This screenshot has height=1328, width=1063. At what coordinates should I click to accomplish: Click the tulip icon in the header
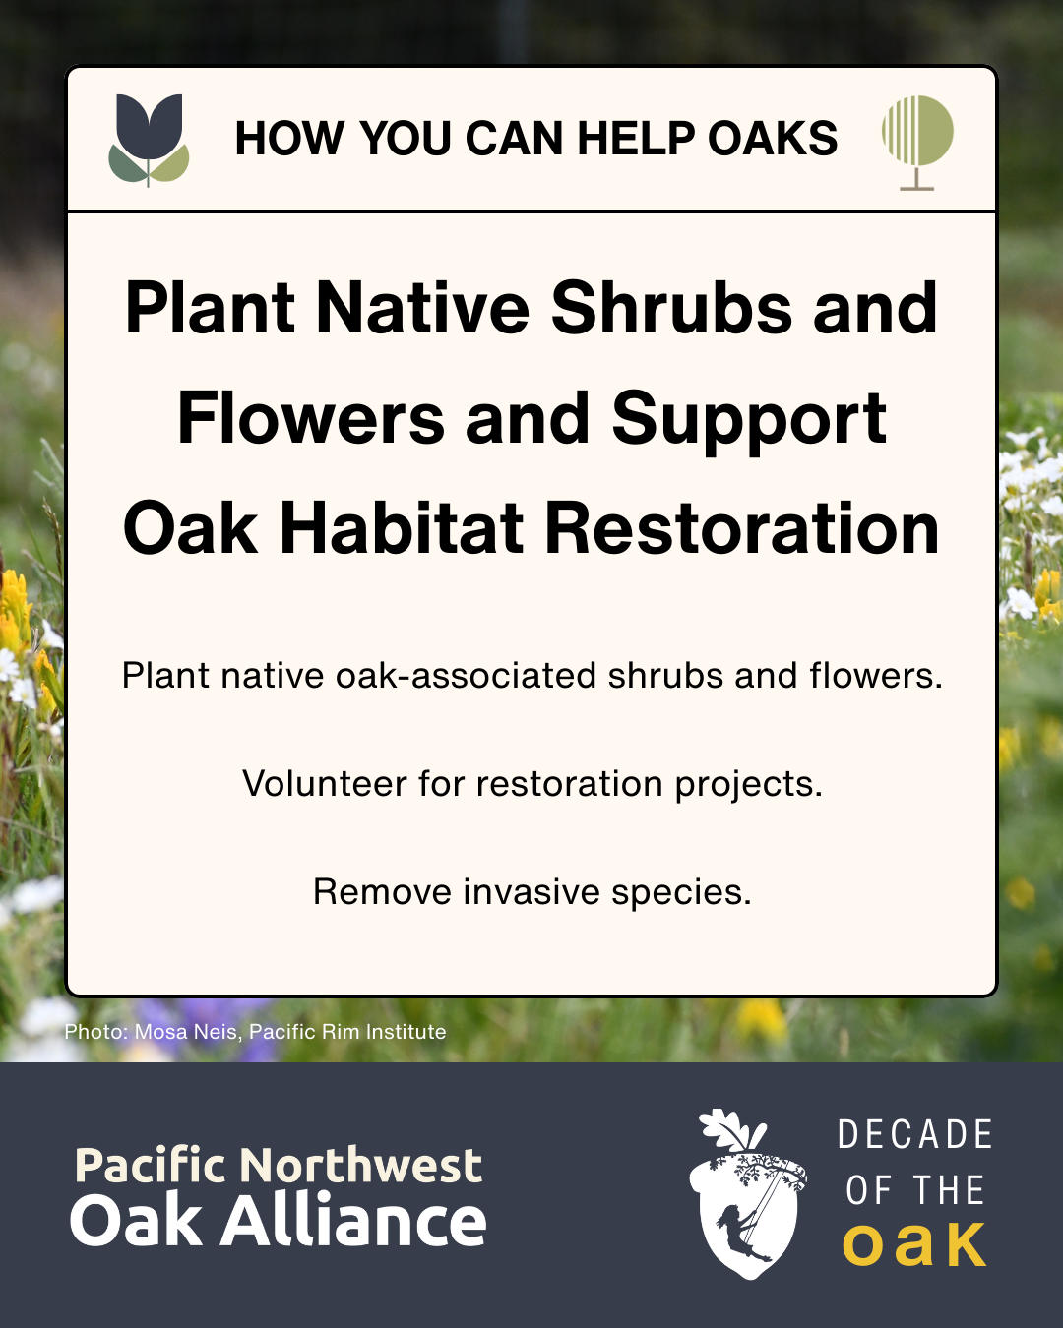(x=149, y=139)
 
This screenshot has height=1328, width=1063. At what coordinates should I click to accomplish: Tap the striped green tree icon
(x=917, y=140)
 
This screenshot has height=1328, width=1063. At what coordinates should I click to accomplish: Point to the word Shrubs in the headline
(x=671, y=308)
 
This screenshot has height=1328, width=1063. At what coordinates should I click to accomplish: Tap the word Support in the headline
(x=749, y=419)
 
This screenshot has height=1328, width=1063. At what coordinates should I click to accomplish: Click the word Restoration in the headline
(x=742, y=528)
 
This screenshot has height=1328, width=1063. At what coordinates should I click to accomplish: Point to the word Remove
(x=382, y=892)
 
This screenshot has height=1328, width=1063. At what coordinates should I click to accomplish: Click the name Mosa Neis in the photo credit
(x=186, y=1032)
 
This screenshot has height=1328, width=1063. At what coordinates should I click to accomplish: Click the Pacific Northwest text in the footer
(x=279, y=1166)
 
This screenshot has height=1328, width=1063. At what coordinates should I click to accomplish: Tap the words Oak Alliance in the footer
(x=279, y=1221)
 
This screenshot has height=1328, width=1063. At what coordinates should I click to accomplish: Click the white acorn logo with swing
(x=746, y=1195)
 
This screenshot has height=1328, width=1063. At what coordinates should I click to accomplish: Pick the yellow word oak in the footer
(x=914, y=1244)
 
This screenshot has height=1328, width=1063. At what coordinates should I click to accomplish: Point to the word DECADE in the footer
(x=914, y=1135)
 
